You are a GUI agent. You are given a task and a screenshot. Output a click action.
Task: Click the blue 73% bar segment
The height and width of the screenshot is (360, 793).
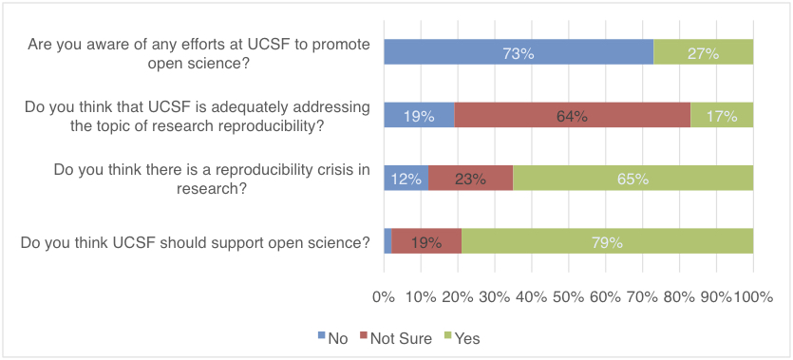[x=519, y=53]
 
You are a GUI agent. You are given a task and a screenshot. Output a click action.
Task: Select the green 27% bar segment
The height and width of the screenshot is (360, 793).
[x=703, y=53]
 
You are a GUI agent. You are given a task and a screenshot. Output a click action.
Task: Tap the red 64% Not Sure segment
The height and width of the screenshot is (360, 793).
[x=573, y=115]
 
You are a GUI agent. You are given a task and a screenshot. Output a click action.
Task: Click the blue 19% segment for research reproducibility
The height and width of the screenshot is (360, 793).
[x=419, y=115]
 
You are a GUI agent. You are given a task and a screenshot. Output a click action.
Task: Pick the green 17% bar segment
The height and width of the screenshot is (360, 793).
[x=722, y=115]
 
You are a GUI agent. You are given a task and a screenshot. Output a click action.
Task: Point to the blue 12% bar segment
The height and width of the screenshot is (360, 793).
[x=406, y=178]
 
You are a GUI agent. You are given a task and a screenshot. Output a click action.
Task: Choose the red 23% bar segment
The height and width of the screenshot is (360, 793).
[x=470, y=178]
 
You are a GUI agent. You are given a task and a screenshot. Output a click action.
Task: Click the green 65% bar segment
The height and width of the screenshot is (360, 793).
[x=633, y=178]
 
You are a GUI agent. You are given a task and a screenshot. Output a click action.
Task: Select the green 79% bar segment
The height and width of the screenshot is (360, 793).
[x=607, y=241]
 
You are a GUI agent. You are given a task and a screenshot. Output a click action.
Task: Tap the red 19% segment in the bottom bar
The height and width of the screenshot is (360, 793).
[x=425, y=241]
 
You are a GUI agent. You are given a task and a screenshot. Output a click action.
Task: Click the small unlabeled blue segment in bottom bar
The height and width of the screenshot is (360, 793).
[x=387, y=241]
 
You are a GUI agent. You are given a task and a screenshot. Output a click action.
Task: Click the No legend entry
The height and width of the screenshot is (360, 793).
[x=331, y=338]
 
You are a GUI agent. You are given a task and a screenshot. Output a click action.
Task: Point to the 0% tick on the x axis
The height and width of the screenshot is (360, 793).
[x=384, y=297]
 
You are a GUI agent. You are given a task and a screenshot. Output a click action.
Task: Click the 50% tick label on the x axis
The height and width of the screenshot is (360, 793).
[x=568, y=297]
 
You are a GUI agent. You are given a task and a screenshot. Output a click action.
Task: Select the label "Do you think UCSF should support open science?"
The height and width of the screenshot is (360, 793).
[x=195, y=241]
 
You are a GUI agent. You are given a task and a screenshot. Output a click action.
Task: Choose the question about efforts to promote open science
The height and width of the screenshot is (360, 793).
[x=199, y=53]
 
